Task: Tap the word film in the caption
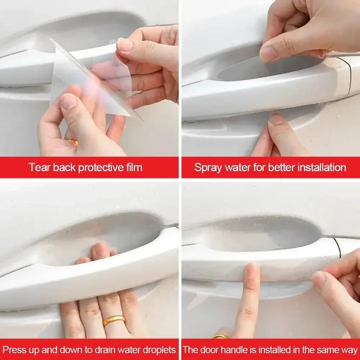click(x=133, y=167)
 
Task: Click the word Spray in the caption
click(x=207, y=167)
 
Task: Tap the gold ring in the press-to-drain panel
click(x=114, y=320)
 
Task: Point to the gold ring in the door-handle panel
click(x=220, y=337)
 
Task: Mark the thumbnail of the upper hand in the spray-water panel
click(x=268, y=54)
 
